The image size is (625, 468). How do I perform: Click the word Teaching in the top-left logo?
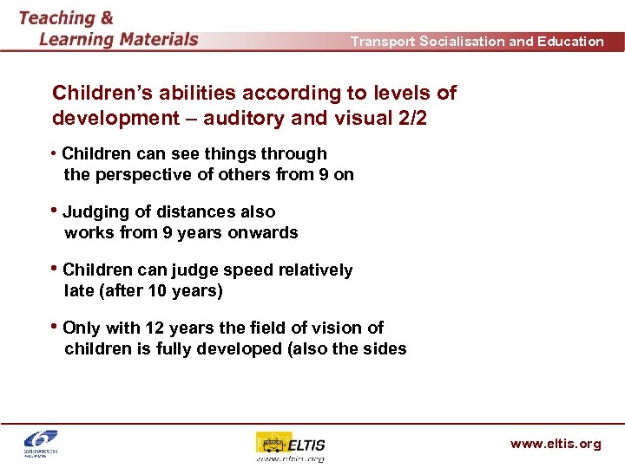click(x=57, y=18)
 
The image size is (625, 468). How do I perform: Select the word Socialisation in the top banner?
click(x=457, y=42)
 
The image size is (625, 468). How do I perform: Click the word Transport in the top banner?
click(x=383, y=42)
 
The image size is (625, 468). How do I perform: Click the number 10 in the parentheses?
click(x=159, y=291)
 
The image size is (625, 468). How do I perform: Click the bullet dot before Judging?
click(x=56, y=211)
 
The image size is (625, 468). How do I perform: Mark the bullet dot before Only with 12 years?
click(x=56, y=328)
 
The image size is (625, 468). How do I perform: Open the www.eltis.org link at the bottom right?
click(x=555, y=445)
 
